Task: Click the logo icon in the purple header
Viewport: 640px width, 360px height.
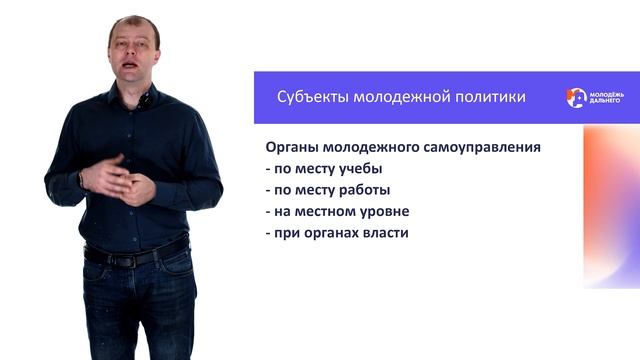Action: pos(576,97)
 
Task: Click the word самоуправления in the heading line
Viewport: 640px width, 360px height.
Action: pos(481,147)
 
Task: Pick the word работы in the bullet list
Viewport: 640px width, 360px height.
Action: pos(364,191)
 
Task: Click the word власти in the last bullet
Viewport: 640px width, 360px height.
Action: pos(391,234)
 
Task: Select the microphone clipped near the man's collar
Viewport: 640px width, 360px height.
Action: pos(145,100)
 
